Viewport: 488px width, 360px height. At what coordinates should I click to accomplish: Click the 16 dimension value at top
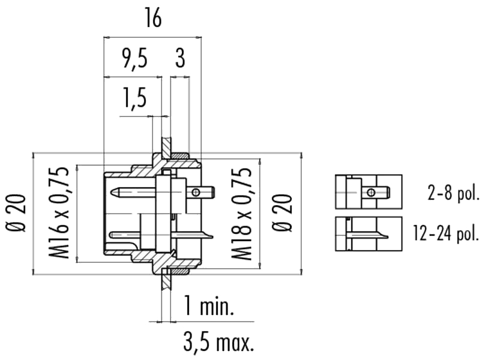[x=153, y=19]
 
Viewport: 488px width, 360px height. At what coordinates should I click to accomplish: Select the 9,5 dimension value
[x=134, y=59]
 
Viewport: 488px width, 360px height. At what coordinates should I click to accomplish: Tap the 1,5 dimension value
[x=134, y=98]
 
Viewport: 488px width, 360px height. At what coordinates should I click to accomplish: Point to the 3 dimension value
[x=180, y=59]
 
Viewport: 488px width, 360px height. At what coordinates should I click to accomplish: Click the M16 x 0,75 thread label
[x=58, y=213]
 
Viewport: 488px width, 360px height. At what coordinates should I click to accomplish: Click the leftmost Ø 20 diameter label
[x=16, y=213]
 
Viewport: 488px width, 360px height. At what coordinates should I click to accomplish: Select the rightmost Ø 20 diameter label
[x=282, y=213]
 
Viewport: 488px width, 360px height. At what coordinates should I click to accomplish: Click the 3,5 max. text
[x=218, y=341]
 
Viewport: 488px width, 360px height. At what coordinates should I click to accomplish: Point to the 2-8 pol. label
[x=453, y=194]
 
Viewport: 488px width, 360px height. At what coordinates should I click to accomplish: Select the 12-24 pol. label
[x=445, y=233]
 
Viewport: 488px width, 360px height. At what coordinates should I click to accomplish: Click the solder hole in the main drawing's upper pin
[x=196, y=192]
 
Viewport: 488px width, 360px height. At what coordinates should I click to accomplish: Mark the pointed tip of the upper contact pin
[x=112, y=192]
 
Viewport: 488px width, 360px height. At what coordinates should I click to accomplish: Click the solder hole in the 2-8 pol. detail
[x=371, y=192]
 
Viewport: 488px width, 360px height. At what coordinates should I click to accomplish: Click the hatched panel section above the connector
[x=166, y=147]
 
